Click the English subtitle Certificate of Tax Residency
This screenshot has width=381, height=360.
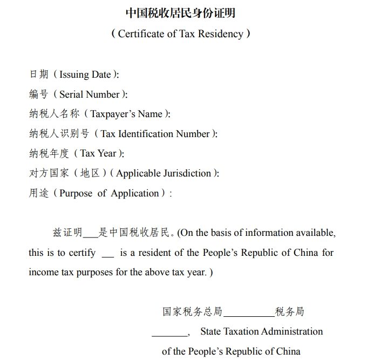(181, 33)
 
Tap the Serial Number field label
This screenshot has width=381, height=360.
(90, 94)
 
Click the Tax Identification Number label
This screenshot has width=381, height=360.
(155, 134)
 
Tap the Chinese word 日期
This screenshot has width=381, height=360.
(39, 74)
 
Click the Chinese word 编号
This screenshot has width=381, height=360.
(39, 94)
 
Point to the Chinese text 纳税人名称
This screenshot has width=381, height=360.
(54, 114)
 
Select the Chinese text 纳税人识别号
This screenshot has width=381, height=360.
(59, 134)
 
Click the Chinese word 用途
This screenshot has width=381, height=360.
(39, 193)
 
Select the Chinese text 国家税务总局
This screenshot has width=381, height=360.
(192, 311)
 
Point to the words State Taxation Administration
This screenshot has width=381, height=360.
(261, 331)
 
